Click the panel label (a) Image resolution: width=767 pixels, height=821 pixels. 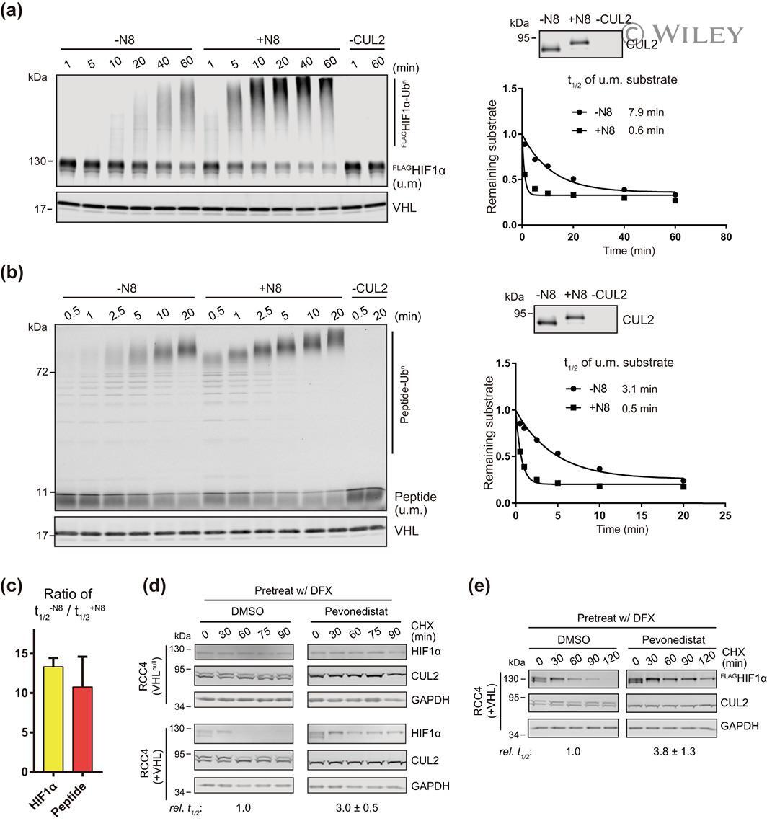[16, 13]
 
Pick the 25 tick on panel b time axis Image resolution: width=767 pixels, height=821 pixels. [726, 516]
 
